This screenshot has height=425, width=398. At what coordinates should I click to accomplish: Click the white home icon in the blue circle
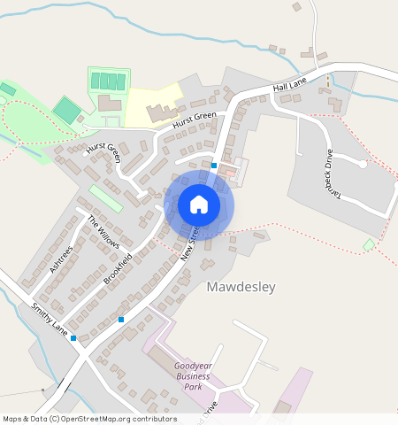click(x=199, y=205)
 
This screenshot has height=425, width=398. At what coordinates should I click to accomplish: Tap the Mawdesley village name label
click(x=241, y=287)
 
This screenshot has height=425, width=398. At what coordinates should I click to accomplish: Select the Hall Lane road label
click(x=289, y=84)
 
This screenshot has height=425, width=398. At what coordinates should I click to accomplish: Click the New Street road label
click(x=188, y=242)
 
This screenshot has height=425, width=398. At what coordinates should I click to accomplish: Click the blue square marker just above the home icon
click(x=214, y=165)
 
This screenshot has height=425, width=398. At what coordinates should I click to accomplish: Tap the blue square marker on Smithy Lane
click(x=73, y=337)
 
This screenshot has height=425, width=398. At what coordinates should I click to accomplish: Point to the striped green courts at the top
click(x=107, y=81)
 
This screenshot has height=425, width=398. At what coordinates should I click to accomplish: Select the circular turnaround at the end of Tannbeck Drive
click(x=363, y=164)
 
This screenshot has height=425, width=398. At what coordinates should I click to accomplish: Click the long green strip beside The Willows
click(x=105, y=197)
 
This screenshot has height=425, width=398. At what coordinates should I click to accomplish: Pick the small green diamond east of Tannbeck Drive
click(x=369, y=243)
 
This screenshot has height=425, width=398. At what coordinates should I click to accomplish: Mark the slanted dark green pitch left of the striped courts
click(x=66, y=110)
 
